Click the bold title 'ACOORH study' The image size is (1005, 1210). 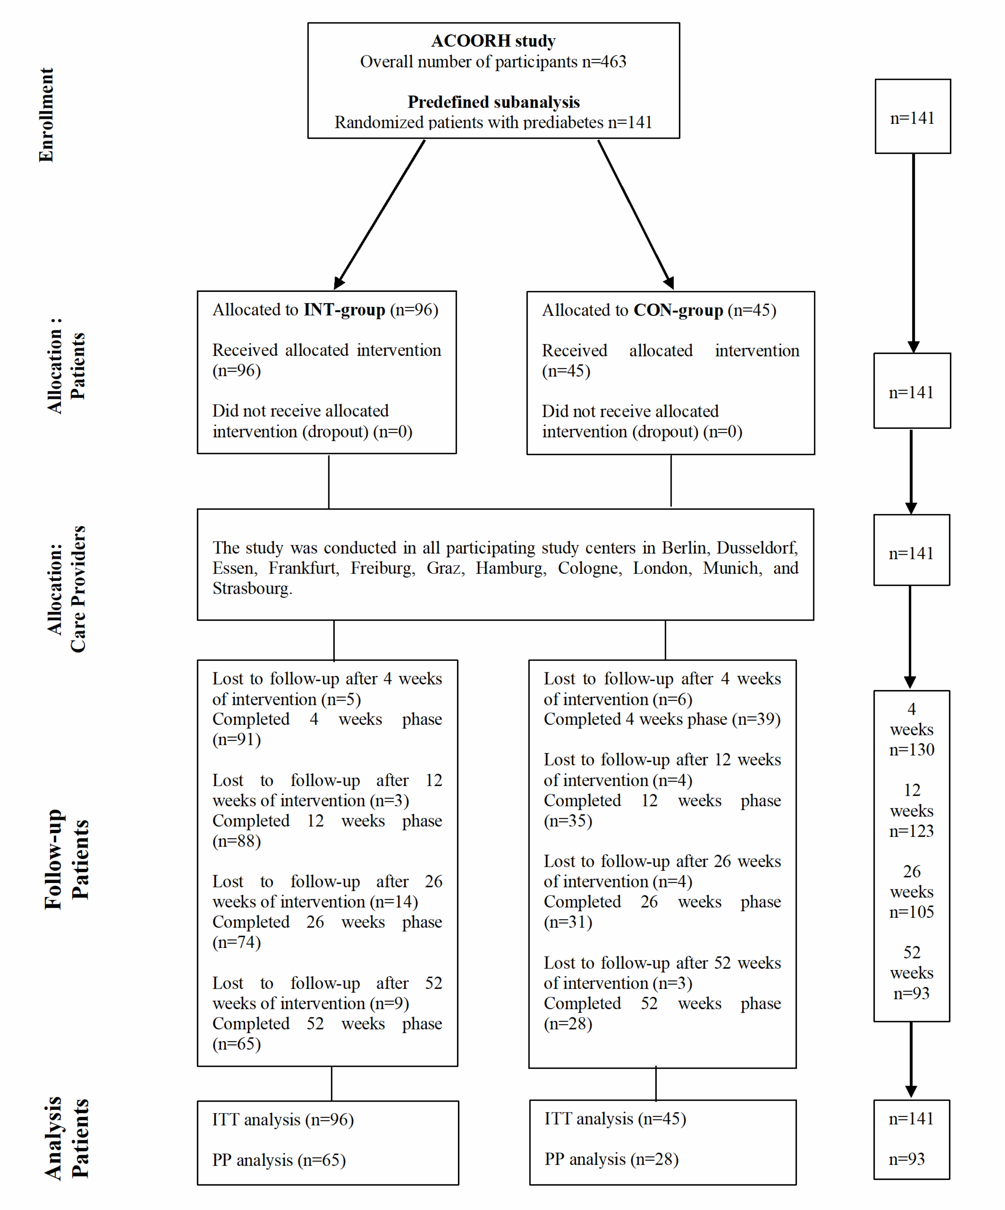(493, 41)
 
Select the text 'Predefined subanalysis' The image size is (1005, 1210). (493, 102)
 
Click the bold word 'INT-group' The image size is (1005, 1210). (344, 310)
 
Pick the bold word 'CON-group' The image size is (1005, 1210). (678, 310)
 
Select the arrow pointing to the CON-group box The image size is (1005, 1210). (636, 214)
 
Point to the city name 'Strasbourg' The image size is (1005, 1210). (252, 588)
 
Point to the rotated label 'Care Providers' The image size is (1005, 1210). (78, 589)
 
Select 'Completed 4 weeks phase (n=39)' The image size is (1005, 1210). (662, 719)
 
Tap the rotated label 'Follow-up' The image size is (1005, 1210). (53, 859)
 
